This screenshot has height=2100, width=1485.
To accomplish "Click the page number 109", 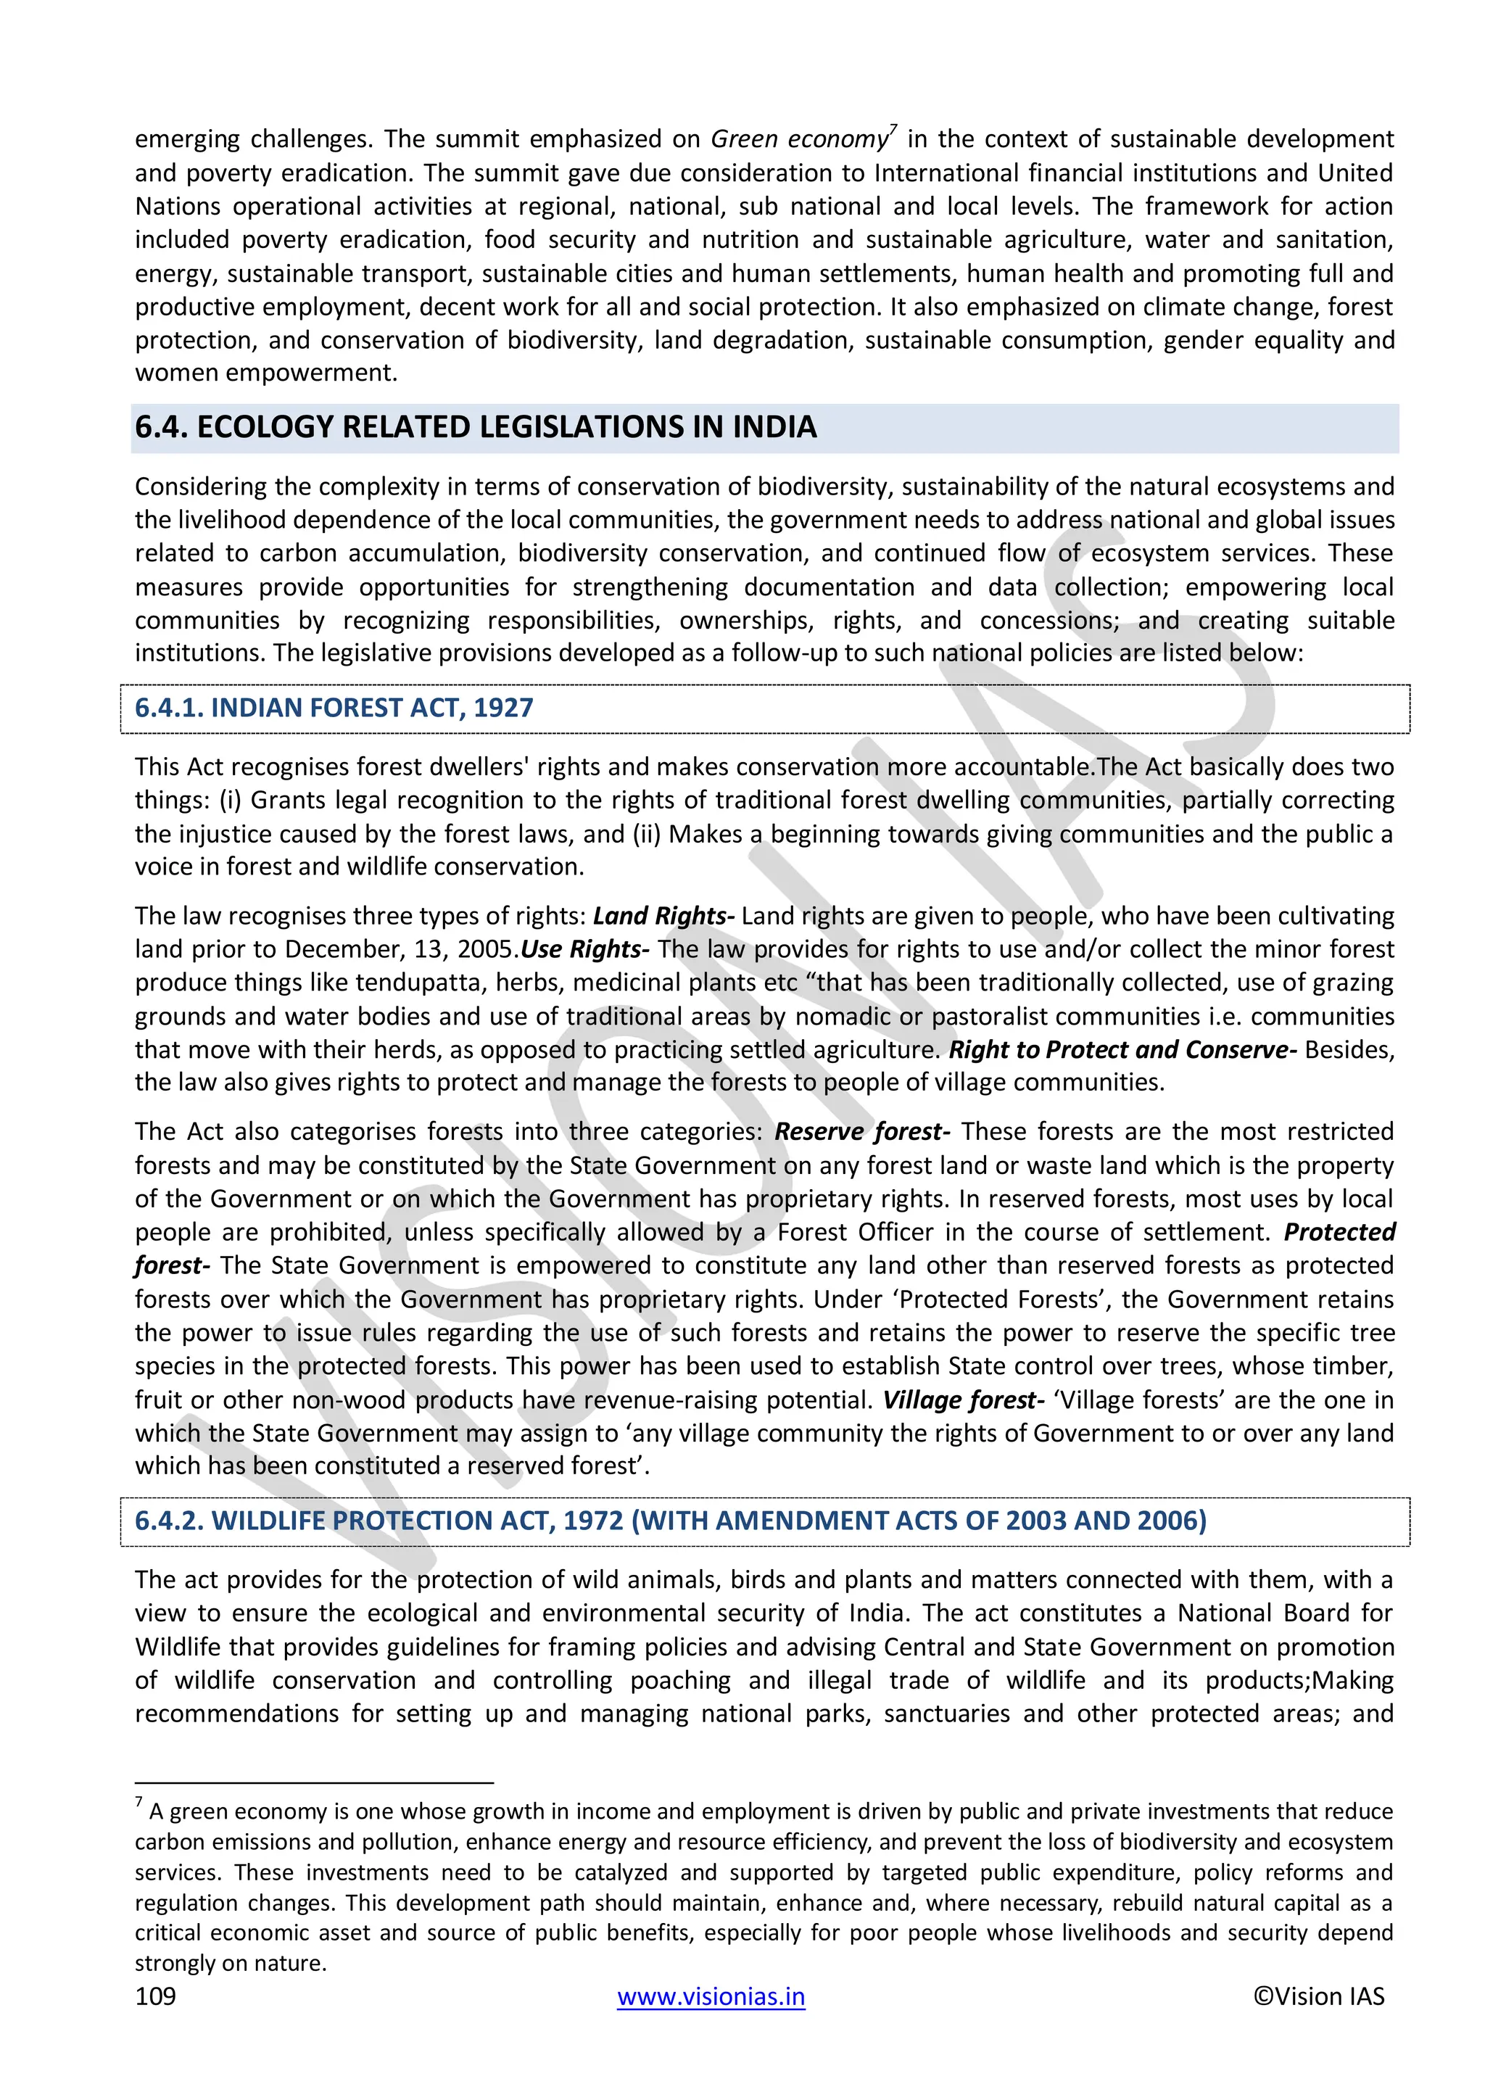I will pyautogui.click(x=155, y=1996).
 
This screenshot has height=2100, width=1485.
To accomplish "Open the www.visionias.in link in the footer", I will pyautogui.click(x=711, y=1996).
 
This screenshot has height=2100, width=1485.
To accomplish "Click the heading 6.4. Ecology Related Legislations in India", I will pyautogui.click(x=476, y=427).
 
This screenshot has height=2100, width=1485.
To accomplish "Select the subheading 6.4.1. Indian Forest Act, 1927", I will pyautogui.click(x=334, y=708).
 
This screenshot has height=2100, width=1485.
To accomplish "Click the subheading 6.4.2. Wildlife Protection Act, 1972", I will pyautogui.click(x=670, y=1520).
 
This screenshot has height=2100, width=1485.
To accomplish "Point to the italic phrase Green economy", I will pyautogui.click(x=799, y=139).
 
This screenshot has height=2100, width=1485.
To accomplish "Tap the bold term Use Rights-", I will pyautogui.click(x=585, y=949).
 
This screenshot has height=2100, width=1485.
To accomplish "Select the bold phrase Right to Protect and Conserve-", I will pyautogui.click(x=1123, y=1050).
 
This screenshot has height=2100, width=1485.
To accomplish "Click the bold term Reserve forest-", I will pyautogui.click(x=862, y=1131).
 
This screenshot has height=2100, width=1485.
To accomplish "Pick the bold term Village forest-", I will pyautogui.click(x=963, y=1400).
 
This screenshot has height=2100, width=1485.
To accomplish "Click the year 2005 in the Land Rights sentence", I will pyautogui.click(x=486, y=949).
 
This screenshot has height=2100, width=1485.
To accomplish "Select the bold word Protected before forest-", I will pyautogui.click(x=1339, y=1232).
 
